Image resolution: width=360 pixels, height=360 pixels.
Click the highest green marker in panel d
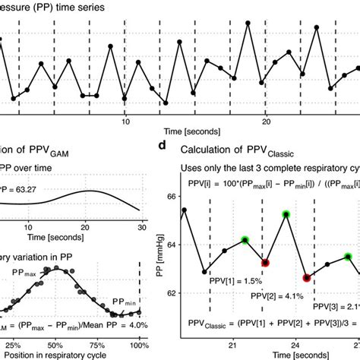click(x=286, y=215)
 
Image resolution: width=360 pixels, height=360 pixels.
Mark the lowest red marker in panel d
click(x=307, y=278)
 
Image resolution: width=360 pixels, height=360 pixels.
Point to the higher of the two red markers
click(x=265, y=263)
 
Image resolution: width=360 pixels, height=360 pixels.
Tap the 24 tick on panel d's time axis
click(x=294, y=343)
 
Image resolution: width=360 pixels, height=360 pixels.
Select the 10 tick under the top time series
click(x=125, y=121)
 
